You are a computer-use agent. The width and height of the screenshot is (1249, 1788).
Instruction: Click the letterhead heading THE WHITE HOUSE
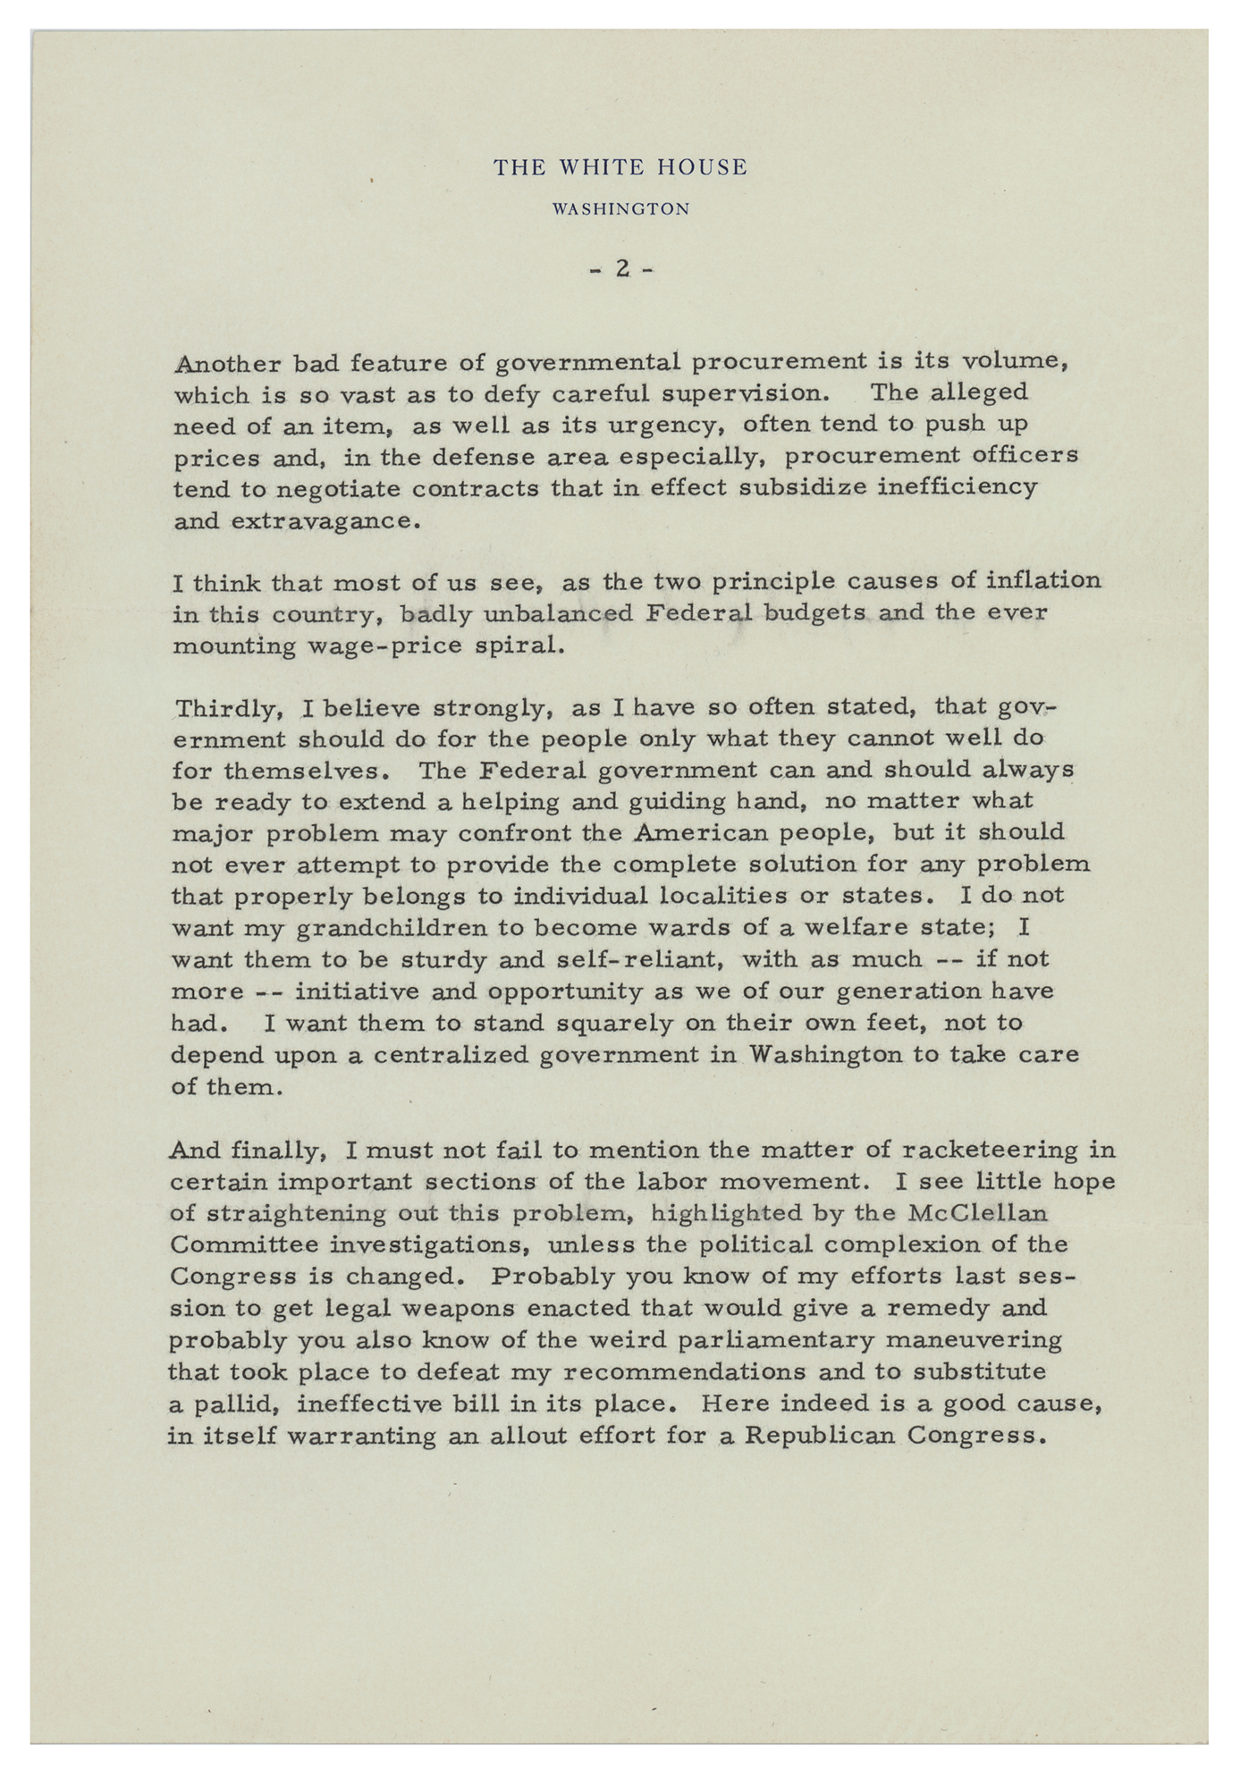(x=621, y=167)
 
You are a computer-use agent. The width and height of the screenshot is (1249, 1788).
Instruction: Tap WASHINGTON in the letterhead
(x=621, y=209)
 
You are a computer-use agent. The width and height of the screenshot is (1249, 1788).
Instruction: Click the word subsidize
(x=851, y=488)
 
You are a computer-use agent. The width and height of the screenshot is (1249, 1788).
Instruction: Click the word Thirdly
(x=228, y=710)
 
